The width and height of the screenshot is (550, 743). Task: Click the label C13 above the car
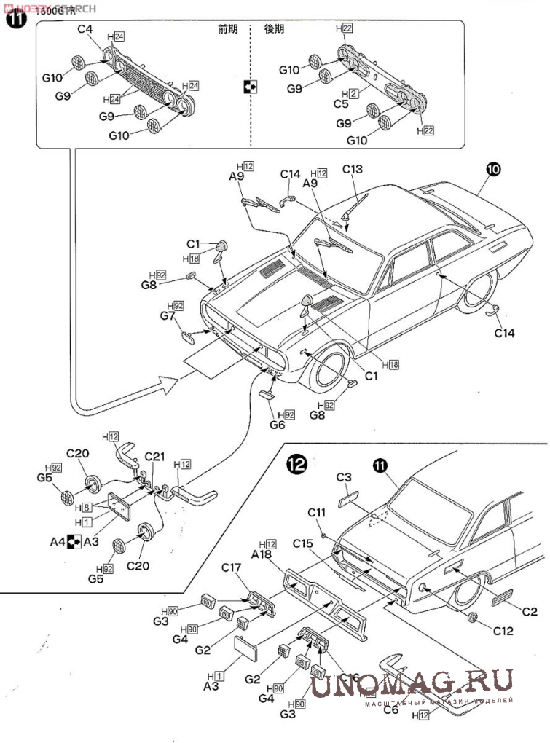(x=352, y=170)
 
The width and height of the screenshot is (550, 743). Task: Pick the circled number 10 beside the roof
(x=493, y=170)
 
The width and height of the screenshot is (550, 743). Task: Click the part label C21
(x=155, y=457)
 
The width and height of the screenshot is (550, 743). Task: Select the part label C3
(x=345, y=477)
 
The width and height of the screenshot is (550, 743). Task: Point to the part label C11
(x=315, y=513)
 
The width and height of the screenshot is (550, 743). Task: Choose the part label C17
(x=231, y=567)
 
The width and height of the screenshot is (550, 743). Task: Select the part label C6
(x=390, y=709)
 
